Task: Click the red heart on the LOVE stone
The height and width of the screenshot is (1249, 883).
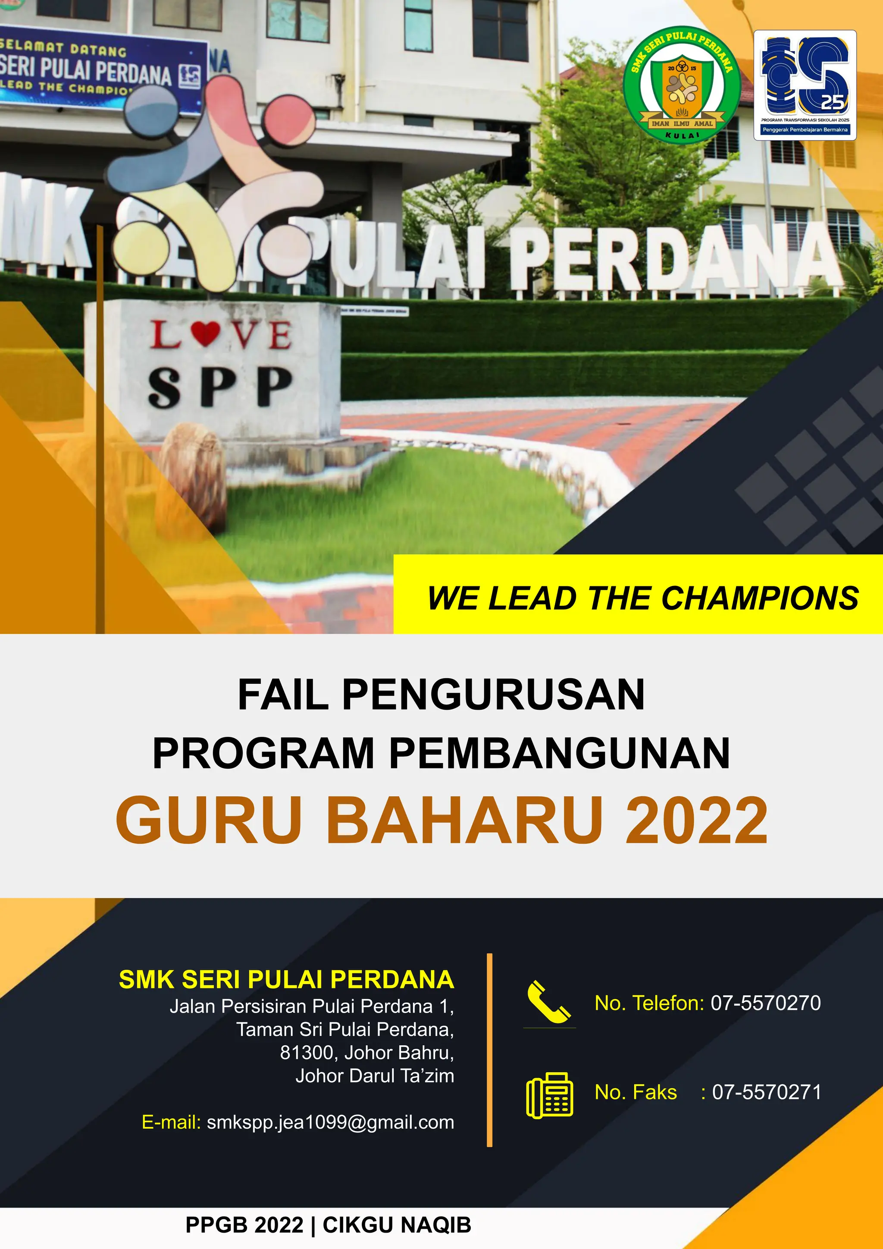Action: click(x=206, y=333)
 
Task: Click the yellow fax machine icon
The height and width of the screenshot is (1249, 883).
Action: click(x=549, y=1095)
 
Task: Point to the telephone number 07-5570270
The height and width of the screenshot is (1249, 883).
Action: click(x=766, y=1003)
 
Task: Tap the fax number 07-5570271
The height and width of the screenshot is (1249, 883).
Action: click(x=767, y=1092)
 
